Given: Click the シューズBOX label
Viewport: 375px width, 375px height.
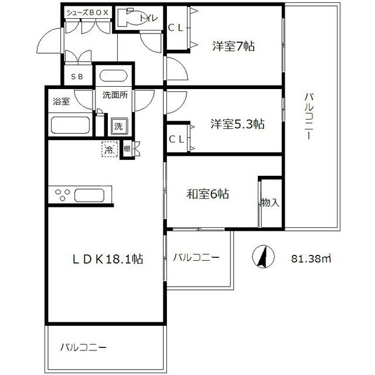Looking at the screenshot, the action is click(87, 13).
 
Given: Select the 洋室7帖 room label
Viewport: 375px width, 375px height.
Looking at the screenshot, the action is click(233, 46).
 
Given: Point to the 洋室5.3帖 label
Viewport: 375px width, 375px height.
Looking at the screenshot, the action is click(237, 124).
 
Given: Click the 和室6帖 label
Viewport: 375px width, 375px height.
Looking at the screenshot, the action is click(207, 194).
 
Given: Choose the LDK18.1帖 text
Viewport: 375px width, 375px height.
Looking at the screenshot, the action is click(108, 259).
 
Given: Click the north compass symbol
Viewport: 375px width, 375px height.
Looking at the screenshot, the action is click(263, 257).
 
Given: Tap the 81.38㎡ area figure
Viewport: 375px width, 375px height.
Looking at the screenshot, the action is click(311, 258).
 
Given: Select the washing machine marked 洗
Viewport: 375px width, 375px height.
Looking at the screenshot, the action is click(119, 126).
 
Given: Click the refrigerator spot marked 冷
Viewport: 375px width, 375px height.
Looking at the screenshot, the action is click(110, 149).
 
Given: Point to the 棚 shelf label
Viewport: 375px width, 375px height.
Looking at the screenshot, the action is click(127, 149).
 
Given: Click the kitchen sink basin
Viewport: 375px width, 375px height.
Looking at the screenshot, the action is click(90, 196).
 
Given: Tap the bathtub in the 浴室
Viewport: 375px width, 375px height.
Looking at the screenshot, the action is click(70, 125).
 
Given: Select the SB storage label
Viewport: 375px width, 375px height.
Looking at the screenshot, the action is click(77, 77).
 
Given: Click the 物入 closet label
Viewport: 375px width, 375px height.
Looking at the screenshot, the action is click(270, 203).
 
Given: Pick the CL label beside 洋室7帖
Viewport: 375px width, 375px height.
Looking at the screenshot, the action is click(176, 28).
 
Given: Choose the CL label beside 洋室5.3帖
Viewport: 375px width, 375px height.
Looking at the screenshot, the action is click(176, 139).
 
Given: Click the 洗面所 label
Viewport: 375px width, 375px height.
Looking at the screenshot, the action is click(115, 95).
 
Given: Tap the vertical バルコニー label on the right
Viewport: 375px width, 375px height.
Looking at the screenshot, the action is click(309, 116).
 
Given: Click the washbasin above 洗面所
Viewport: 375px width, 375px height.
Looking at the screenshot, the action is click(113, 76).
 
